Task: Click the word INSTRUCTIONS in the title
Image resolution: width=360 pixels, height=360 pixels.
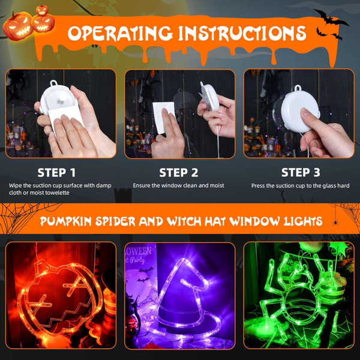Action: click(x=242, y=33)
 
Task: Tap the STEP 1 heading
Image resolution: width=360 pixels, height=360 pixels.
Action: click(x=56, y=173)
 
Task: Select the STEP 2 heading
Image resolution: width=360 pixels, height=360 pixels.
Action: click(x=179, y=173)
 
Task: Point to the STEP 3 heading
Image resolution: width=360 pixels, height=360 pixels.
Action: click(x=301, y=173)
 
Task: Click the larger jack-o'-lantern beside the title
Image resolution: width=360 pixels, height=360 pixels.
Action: click(x=17, y=26)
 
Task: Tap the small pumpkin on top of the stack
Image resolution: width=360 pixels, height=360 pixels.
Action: click(x=43, y=10)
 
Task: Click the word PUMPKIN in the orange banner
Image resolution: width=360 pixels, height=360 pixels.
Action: click(x=65, y=221)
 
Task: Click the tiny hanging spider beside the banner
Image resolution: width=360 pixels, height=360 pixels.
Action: click(x=335, y=222)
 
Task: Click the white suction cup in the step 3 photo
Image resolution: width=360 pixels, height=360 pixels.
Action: click(x=300, y=111)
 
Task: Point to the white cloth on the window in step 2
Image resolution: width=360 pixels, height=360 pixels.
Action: click(x=163, y=116)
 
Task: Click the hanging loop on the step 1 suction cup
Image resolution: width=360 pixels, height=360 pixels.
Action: click(x=54, y=83)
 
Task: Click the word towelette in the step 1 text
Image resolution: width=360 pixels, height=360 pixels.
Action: click(x=57, y=193)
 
